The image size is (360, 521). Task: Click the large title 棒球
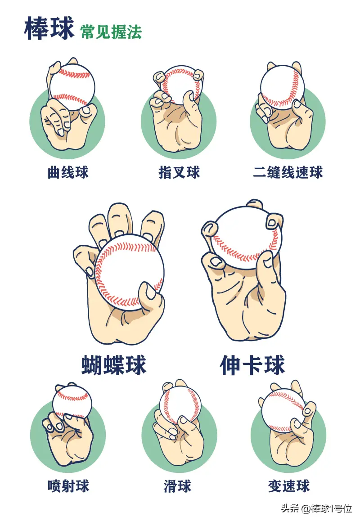49,28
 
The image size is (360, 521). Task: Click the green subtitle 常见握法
111,31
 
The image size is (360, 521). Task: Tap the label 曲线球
68,172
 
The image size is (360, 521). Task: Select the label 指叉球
179,172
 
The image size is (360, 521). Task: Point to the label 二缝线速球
288,172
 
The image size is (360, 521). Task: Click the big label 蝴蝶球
114,365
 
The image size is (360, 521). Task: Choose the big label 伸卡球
252,365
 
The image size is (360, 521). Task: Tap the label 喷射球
68,486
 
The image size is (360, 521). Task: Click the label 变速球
288,486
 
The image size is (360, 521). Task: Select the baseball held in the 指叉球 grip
179,83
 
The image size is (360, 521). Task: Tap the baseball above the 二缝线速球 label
282,87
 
